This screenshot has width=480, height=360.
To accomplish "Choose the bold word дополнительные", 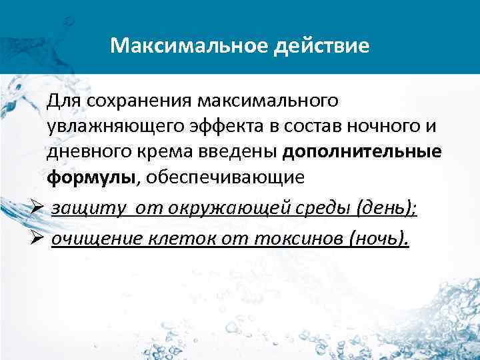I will [361, 152].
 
